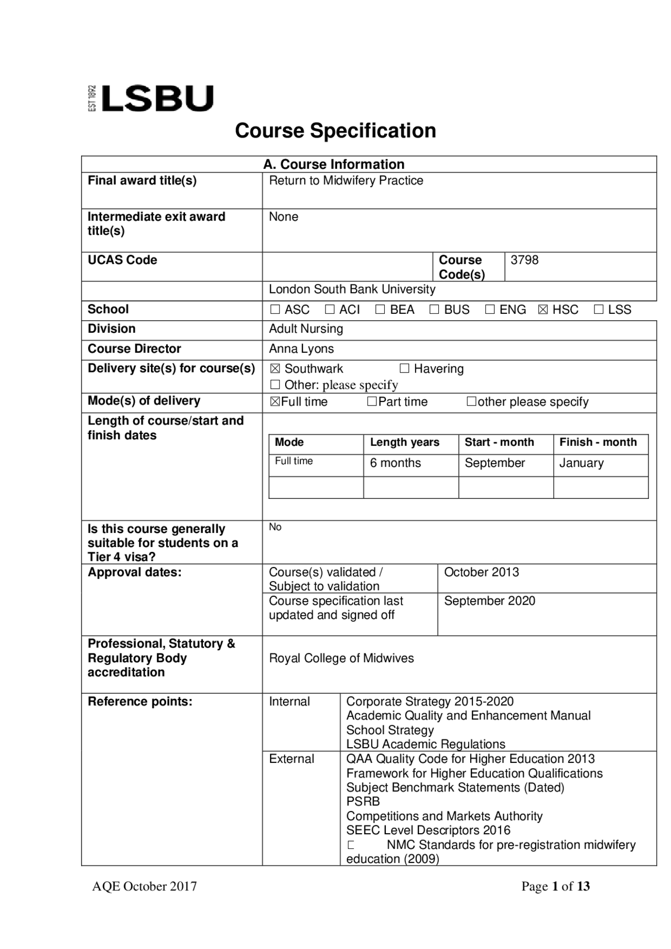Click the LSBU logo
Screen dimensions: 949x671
(x=152, y=99)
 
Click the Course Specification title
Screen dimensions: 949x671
(x=335, y=130)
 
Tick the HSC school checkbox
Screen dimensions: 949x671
(x=543, y=310)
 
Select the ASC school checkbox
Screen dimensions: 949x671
(x=275, y=310)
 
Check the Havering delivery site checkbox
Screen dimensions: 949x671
(x=404, y=368)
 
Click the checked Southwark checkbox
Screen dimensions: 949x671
(x=275, y=369)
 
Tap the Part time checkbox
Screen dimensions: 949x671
(x=372, y=401)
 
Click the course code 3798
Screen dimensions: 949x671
(x=524, y=260)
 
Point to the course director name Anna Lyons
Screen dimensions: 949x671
(x=301, y=349)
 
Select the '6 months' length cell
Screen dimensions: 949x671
(x=395, y=463)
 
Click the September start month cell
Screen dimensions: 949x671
(x=494, y=463)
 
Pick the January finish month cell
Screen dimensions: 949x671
(x=581, y=463)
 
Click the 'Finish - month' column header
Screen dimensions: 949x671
(x=598, y=442)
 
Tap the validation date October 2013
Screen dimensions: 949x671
(x=481, y=572)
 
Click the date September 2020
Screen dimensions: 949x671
(x=489, y=601)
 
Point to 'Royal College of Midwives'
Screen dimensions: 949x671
(x=341, y=658)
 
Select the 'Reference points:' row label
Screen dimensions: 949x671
(x=140, y=702)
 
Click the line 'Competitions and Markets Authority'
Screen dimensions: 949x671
(x=444, y=816)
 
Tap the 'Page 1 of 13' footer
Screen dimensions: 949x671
(x=555, y=887)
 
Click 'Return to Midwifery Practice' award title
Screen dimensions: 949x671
(x=346, y=181)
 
